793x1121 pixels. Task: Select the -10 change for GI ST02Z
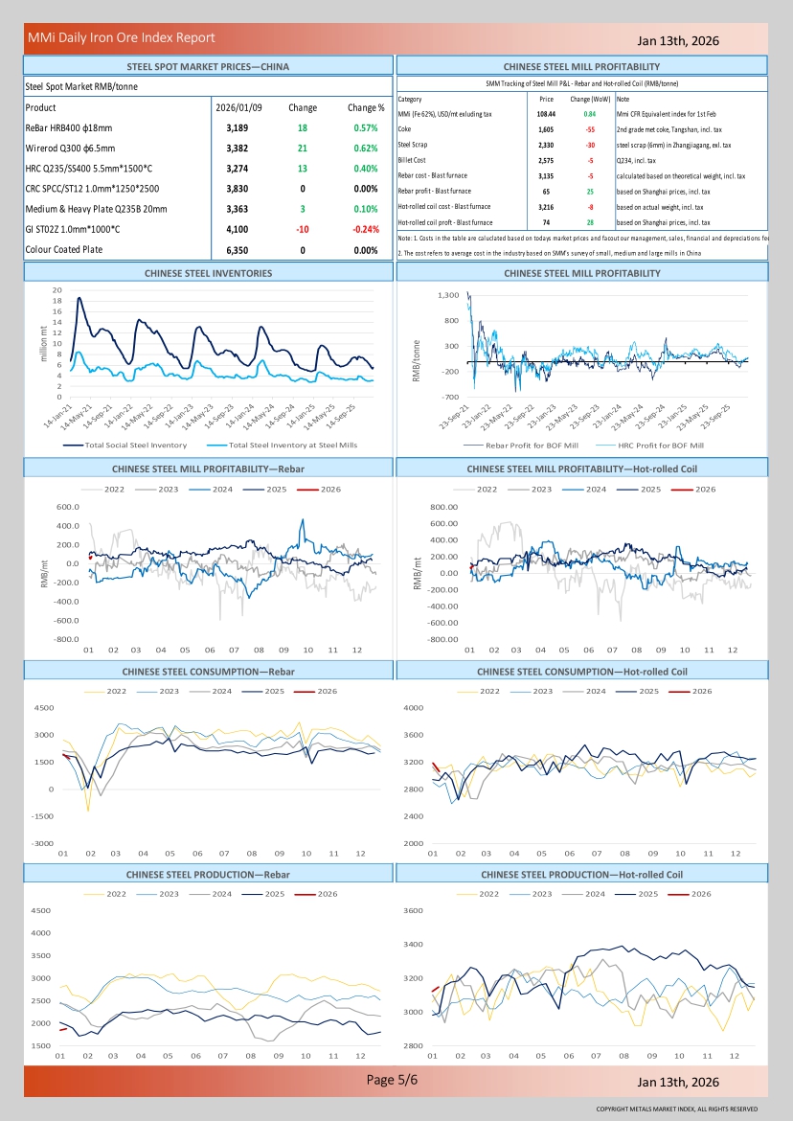pos(303,229)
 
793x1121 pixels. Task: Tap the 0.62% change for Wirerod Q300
pos(365,149)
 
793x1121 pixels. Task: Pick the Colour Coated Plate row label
pos(63,250)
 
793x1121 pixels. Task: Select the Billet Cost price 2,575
pos(547,160)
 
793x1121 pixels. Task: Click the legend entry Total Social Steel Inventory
pos(135,445)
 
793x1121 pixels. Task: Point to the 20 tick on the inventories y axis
pos(57,289)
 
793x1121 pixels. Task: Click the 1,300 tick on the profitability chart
pos(447,296)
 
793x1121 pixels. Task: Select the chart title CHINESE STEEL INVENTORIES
pos(208,273)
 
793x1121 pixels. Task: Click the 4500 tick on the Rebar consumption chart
pos(44,708)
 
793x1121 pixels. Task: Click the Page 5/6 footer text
pos(393,1080)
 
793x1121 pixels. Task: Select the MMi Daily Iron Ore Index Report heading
pos(122,38)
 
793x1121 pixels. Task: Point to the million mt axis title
pos(43,343)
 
